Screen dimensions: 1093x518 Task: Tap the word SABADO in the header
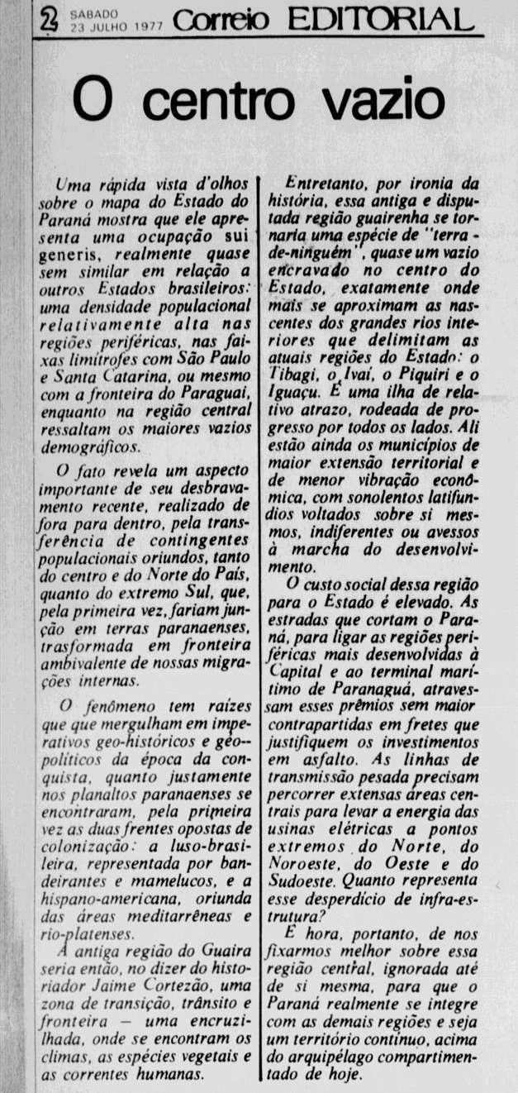95,12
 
